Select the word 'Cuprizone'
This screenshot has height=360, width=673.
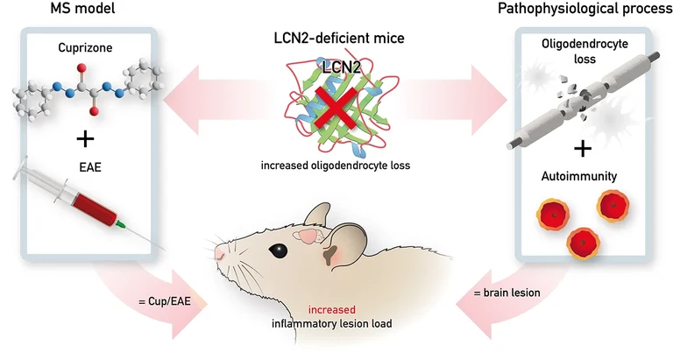tap(88, 49)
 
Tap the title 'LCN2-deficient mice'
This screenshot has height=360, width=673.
tap(334, 39)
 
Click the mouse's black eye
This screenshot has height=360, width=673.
tap(279, 250)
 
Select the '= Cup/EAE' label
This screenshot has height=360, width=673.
tap(167, 302)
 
